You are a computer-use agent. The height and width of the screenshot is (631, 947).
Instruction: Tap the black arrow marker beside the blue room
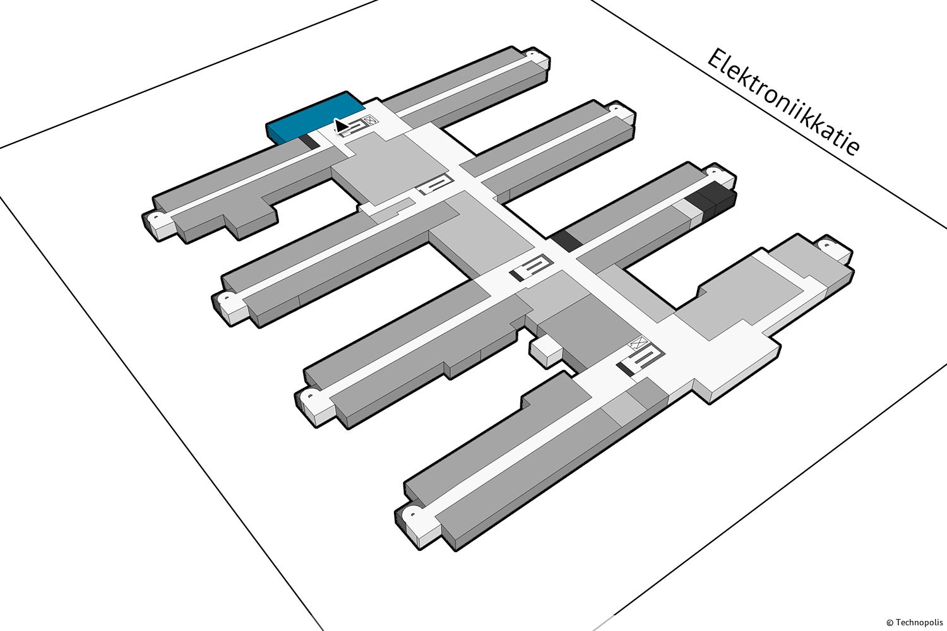coord(341,126)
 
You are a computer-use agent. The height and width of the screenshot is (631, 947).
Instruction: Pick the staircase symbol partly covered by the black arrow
coord(352,127)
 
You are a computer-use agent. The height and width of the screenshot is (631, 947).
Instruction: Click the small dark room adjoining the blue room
coord(309,142)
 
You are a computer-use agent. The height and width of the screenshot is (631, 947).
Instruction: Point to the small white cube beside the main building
coord(545,350)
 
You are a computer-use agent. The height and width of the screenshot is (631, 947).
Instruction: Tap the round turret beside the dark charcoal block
coord(713,173)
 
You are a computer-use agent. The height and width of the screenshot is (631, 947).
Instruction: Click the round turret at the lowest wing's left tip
coord(412,515)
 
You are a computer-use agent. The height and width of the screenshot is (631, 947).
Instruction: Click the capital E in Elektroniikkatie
coord(716,60)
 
